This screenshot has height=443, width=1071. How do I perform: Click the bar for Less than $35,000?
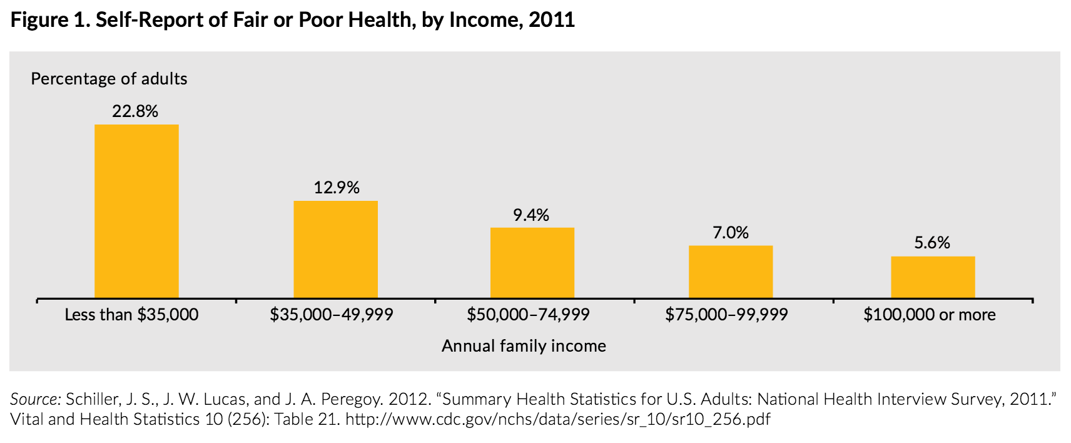(136, 211)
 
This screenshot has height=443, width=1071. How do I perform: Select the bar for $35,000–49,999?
(335, 249)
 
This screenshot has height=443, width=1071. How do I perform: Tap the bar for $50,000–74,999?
(532, 262)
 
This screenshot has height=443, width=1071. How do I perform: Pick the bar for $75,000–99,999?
(731, 272)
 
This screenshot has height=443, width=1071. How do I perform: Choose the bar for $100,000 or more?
(933, 277)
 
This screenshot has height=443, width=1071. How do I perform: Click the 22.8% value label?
(135, 111)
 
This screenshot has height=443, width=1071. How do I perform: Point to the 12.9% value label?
(337, 188)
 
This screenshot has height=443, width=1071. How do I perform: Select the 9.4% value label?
(531, 215)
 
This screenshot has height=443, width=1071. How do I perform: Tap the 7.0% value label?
(731, 233)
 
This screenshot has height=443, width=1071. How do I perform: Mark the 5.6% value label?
(932, 243)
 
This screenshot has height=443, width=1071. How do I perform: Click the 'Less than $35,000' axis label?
(131, 314)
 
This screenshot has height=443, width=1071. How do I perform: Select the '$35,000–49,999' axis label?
(332, 314)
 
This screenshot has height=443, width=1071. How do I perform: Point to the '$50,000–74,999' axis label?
(528, 314)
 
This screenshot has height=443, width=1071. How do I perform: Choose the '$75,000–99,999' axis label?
(726, 314)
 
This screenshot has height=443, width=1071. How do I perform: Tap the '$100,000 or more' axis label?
(930, 314)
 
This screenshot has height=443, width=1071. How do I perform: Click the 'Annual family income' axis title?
(524, 346)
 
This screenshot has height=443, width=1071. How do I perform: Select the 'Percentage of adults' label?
(109, 79)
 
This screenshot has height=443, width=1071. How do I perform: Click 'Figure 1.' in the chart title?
(50, 20)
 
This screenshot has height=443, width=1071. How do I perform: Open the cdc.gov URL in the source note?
(557, 419)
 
